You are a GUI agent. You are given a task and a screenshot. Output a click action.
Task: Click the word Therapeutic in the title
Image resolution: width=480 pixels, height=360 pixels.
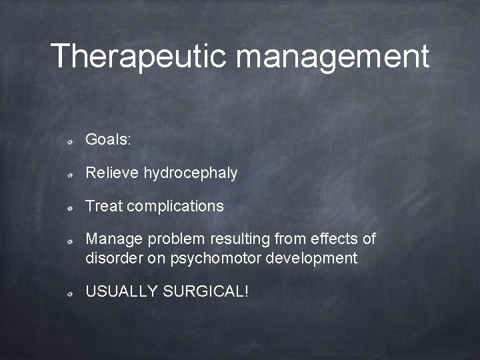139,56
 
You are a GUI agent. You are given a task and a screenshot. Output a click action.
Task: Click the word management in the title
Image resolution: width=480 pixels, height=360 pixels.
333,57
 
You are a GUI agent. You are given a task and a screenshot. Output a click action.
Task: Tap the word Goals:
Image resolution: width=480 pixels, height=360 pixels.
109,140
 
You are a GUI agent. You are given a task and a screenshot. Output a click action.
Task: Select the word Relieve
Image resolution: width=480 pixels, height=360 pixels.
112,173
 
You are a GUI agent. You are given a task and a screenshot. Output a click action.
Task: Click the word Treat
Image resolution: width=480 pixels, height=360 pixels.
104,207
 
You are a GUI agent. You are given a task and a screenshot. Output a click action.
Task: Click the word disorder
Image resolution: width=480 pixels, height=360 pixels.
111,259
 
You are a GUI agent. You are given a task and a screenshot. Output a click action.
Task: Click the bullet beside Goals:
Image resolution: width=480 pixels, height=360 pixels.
70,141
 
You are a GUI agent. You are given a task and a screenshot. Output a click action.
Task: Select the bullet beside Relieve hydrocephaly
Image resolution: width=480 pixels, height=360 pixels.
70,175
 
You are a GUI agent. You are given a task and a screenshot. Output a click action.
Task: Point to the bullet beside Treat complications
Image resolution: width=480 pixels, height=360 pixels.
70,208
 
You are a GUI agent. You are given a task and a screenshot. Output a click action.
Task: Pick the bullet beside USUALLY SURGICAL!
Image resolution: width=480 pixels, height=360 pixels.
70,293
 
